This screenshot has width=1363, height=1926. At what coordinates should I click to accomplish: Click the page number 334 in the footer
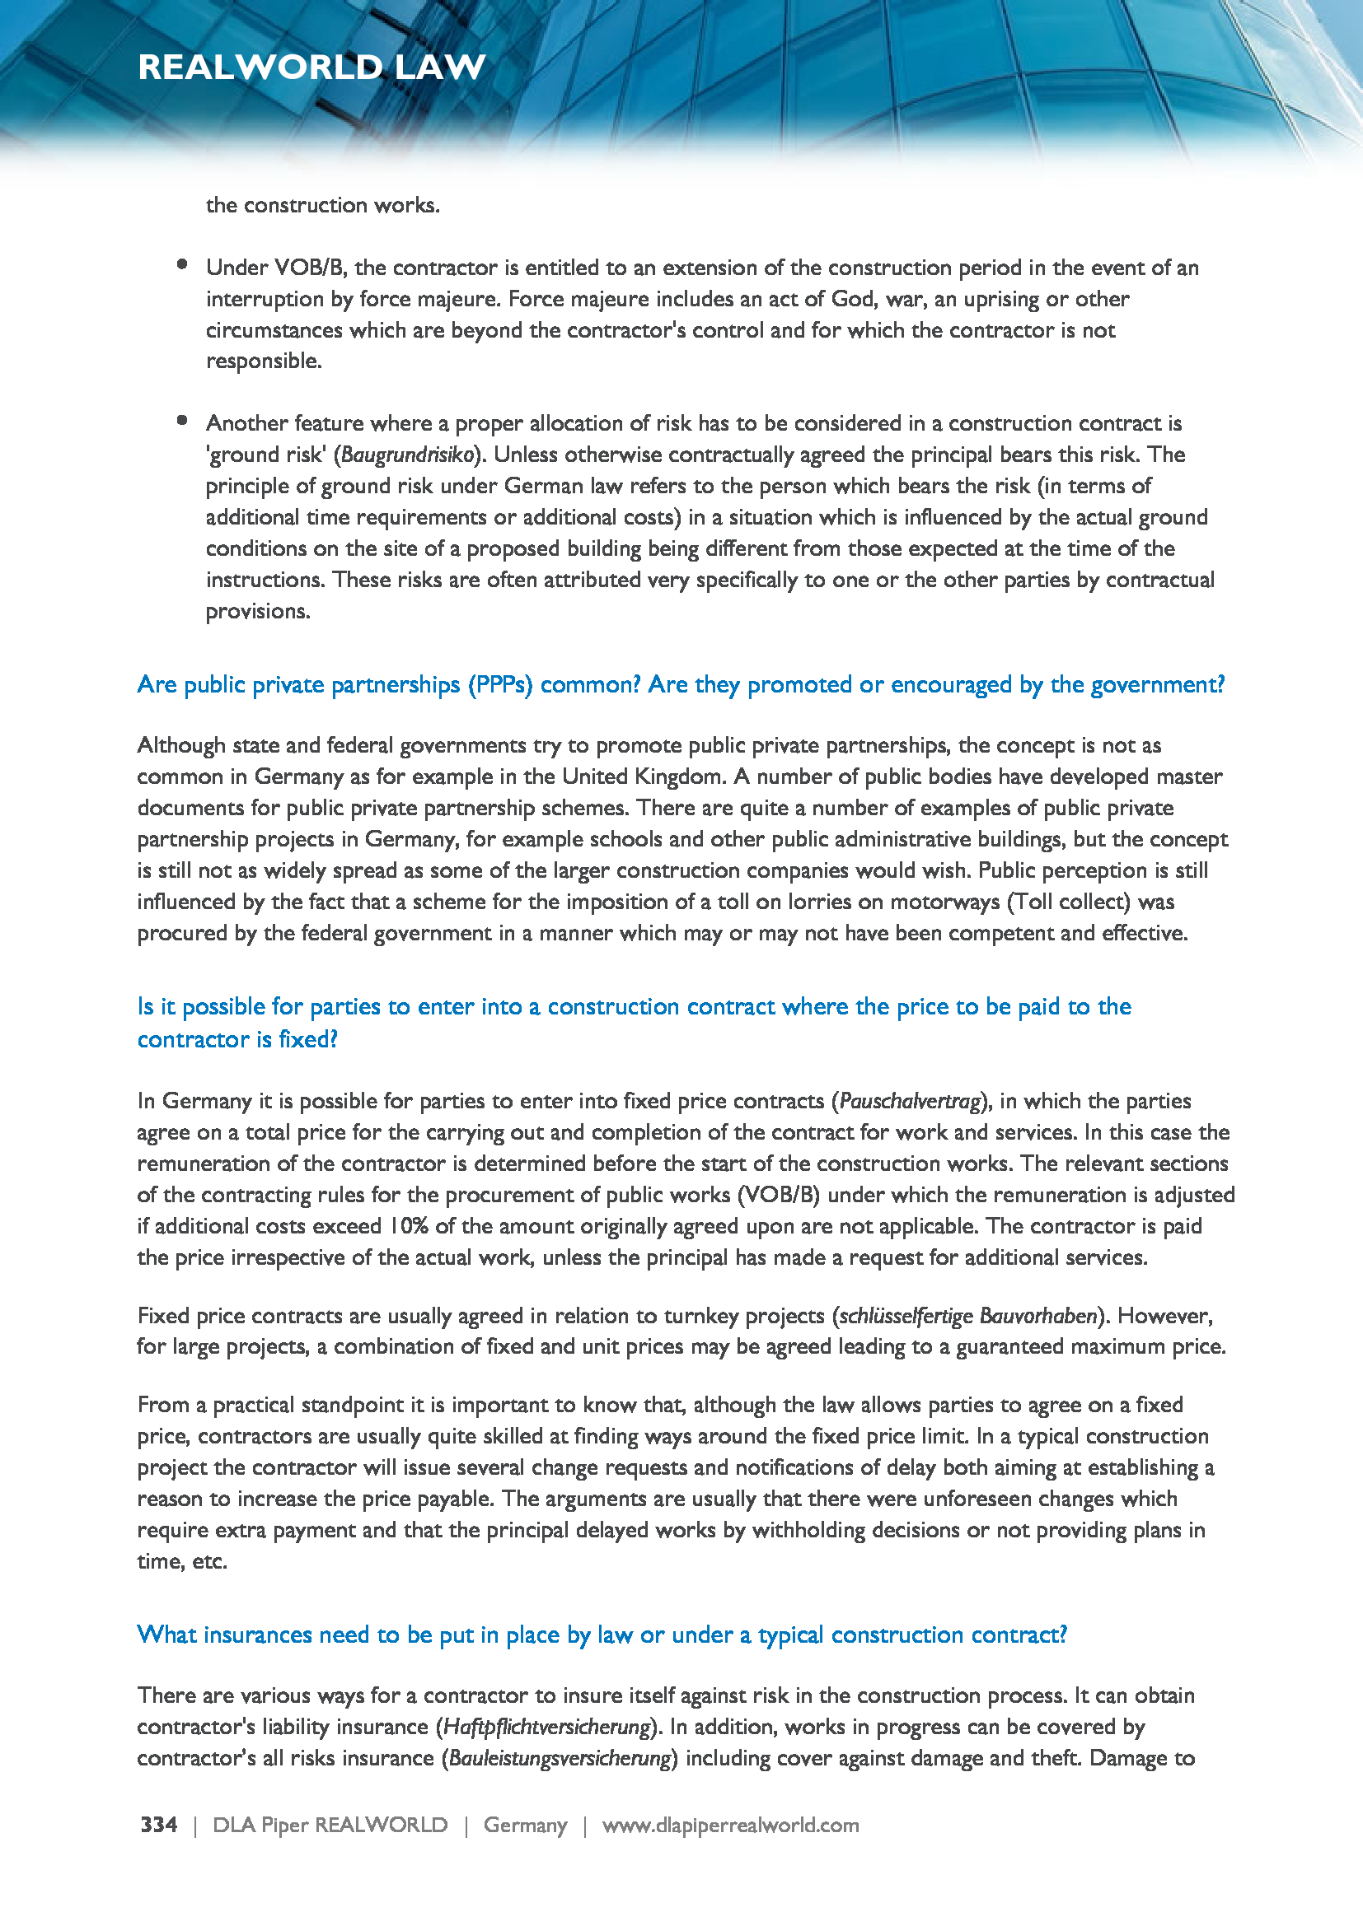(x=158, y=1825)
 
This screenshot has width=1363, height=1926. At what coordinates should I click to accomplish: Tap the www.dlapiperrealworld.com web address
(x=730, y=1825)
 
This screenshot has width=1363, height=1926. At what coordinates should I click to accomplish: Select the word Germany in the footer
(x=526, y=1825)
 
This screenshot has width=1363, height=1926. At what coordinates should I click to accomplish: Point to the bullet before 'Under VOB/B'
(x=182, y=265)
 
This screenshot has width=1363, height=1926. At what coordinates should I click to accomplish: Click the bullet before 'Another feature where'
(x=182, y=421)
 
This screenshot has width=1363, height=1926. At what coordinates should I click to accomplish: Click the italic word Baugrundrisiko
(x=409, y=455)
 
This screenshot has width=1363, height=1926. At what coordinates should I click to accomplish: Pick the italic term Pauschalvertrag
(x=910, y=1102)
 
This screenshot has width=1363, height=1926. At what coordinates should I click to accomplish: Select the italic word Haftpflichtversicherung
(x=546, y=1728)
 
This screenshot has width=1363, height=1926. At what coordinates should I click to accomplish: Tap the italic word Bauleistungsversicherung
(x=560, y=1758)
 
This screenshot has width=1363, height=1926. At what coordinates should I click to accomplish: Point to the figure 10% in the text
(x=408, y=1226)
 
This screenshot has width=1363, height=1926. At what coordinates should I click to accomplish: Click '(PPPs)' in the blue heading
(x=500, y=685)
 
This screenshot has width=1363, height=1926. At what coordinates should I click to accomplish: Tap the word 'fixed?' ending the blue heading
(x=308, y=1040)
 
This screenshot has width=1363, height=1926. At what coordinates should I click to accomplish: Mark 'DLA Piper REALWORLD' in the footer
(x=330, y=1825)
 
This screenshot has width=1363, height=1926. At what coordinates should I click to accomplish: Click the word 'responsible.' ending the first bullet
(x=264, y=361)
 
